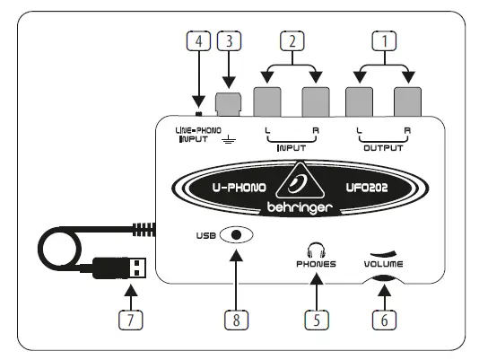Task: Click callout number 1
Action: (x=387, y=40)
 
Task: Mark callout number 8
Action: (x=236, y=320)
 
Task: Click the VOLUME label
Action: (x=384, y=266)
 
